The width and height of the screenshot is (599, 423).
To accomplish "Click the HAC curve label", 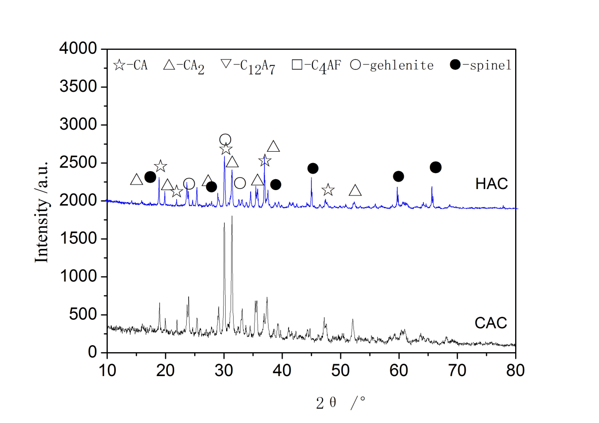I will coord(491,184).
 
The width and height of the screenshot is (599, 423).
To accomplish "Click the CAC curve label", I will coord(491,323).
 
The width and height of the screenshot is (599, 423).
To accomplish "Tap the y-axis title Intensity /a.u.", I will coord(41,211).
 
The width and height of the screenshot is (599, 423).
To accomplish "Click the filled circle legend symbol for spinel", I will coord(455,65).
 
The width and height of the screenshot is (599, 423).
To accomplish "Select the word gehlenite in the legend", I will coord(401,65).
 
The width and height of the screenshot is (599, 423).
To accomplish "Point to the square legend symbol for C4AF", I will coord(298,65).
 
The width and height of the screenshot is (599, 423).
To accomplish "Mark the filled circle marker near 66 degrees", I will coord(435,167).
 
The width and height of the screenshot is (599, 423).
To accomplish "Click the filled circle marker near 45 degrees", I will coord(313,169).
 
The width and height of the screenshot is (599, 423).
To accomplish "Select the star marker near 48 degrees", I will coord(328,190).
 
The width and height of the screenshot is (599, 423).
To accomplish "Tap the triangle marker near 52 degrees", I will coord(355,191).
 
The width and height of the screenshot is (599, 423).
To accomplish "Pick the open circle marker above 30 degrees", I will coord(225,140).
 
